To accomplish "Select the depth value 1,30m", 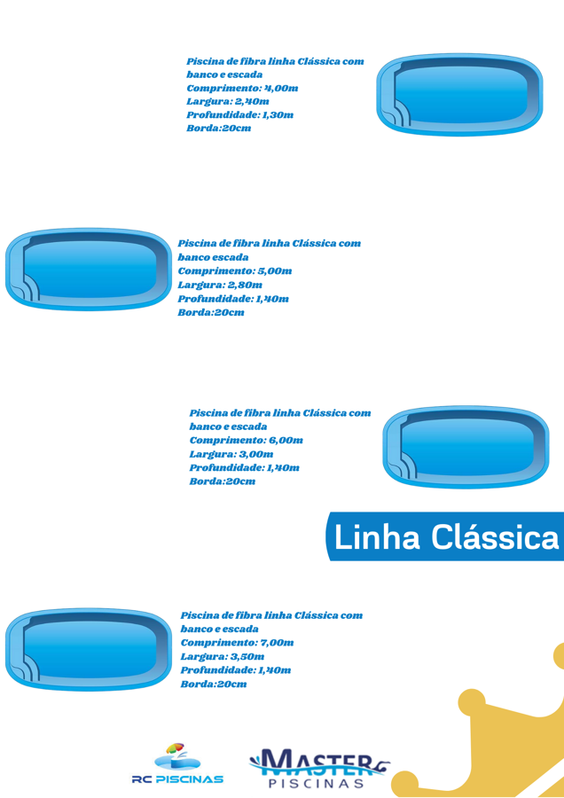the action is tap(278, 114).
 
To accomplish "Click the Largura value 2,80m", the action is tap(246, 285).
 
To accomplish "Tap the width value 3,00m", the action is tap(256, 454).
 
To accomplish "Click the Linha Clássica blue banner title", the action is tap(446, 537).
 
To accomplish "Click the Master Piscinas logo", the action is tap(319, 768).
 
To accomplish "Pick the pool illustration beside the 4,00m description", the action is tap(459, 95).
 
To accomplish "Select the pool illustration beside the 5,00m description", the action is tap(89, 269).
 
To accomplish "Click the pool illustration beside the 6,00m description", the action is tap(466, 447).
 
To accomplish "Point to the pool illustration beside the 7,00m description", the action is tap(89, 649).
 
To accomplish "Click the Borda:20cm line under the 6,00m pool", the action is tap(223, 481).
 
